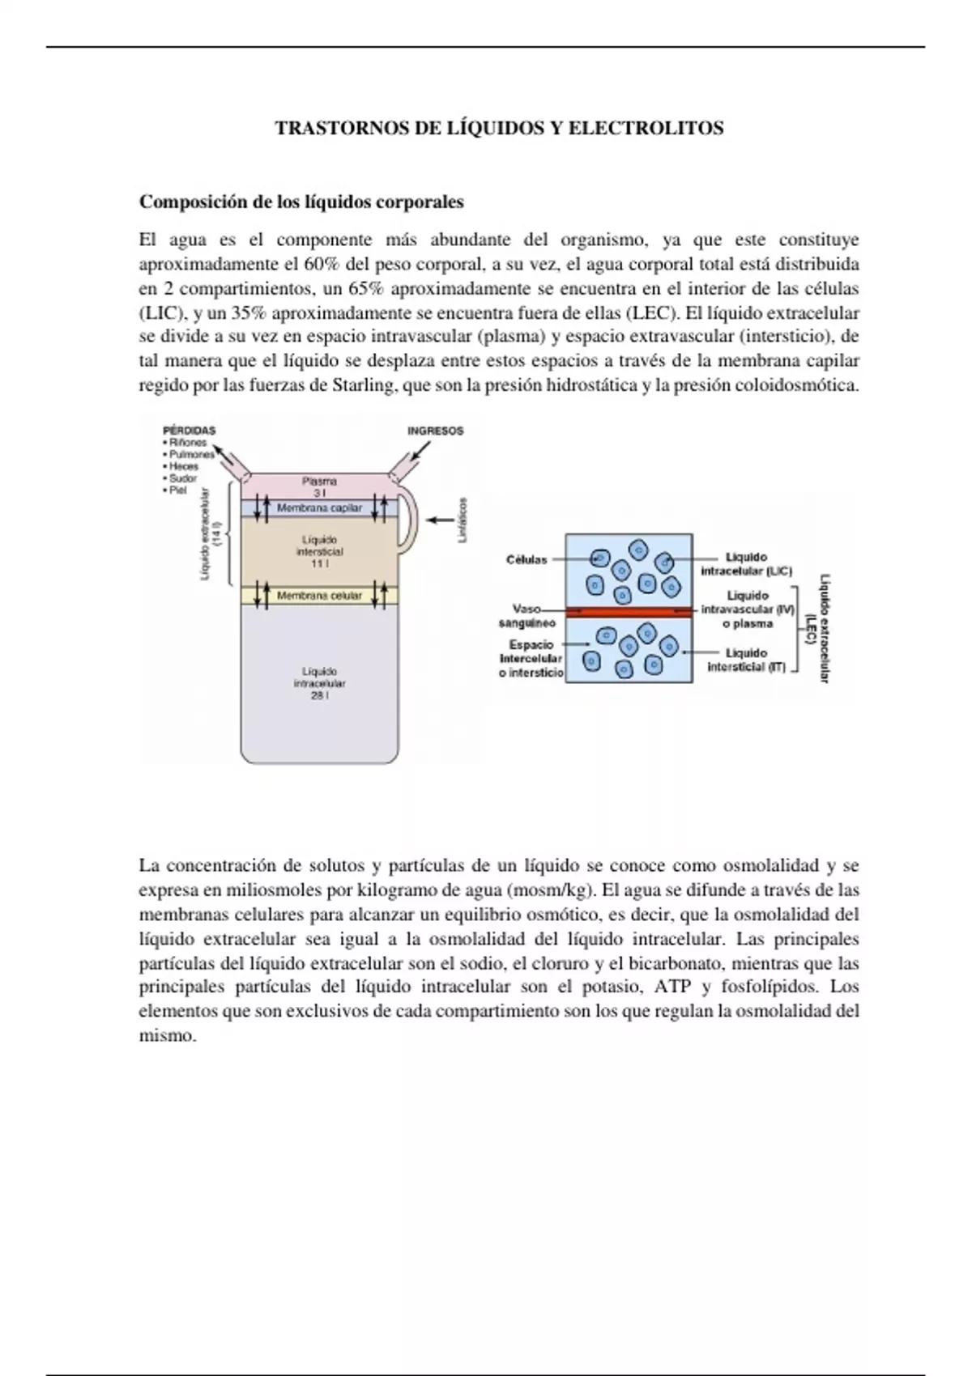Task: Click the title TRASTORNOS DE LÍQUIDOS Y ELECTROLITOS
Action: (499, 128)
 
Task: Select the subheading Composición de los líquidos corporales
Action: (301, 202)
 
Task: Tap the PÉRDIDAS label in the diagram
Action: (190, 431)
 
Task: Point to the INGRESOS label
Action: (435, 431)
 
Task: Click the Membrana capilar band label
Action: (319, 508)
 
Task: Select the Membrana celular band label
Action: (319, 596)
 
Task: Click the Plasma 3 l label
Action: (319, 486)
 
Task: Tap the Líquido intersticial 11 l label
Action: (319, 551)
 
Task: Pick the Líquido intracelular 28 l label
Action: (319, 683)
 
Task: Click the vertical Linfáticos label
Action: (463, 520)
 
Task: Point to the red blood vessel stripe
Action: (629, 611)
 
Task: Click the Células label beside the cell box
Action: (526, 559)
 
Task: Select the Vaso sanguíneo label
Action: (526, 616)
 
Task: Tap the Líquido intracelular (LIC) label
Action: (746, 564)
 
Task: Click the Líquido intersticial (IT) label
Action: (746, 660)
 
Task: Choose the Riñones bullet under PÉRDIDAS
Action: (188, 443)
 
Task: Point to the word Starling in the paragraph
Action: (364, 385)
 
